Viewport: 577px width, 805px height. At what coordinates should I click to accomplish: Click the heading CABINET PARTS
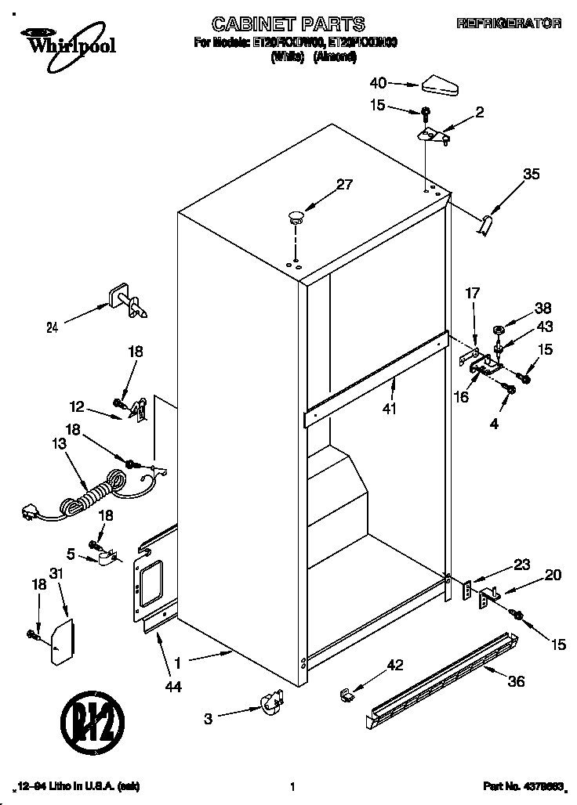coord(289,24)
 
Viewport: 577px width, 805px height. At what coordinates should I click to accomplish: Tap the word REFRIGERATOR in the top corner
coord(509,24)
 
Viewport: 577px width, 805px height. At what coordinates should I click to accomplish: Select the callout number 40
coord(379,82)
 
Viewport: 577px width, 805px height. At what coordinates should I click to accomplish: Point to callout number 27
coord(344,186)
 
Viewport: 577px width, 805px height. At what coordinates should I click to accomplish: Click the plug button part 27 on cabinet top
coord(296,216)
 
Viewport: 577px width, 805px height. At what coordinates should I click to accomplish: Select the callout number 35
coord(531,175)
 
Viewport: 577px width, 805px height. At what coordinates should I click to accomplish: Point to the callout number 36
coord(515,681)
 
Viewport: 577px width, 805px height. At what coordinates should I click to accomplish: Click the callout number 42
coord(394,665)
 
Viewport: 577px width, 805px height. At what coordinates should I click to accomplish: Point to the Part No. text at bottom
coord(510,786)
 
